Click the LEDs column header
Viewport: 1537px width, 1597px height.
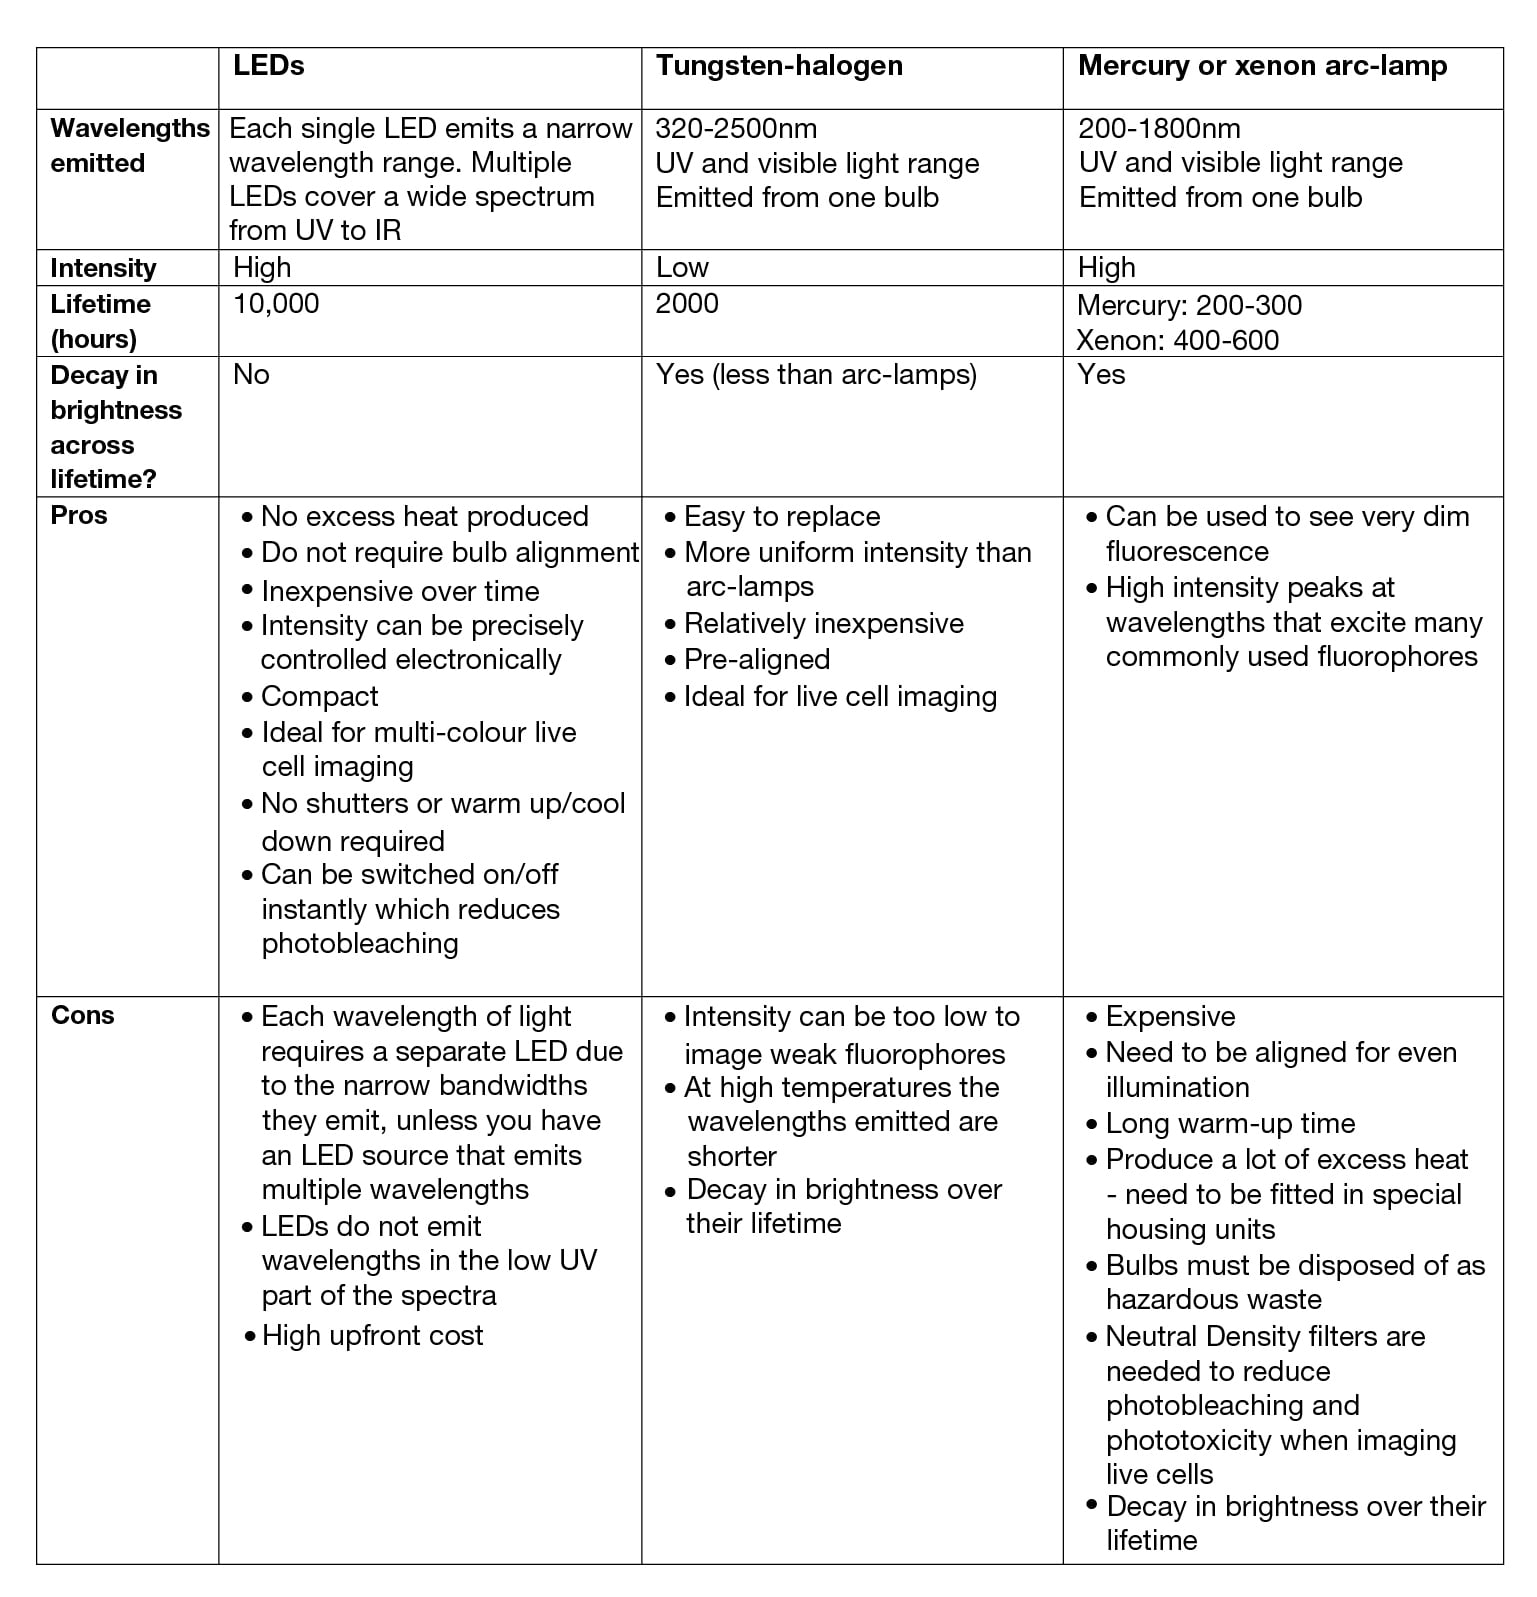268,66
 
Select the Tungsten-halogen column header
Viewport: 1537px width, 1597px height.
779,66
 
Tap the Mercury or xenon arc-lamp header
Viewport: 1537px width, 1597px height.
1262,66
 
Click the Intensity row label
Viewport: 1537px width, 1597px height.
103,268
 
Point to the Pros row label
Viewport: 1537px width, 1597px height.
79,516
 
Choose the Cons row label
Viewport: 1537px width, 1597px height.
83,1016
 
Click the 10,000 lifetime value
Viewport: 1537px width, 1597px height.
276,304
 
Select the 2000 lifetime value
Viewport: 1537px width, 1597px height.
687,304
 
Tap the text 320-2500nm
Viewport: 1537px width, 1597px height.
736,129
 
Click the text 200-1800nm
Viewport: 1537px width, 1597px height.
1159,129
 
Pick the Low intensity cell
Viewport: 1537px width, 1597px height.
682,268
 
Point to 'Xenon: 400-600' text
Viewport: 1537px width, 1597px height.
1178,340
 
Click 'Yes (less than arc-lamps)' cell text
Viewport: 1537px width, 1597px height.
816,375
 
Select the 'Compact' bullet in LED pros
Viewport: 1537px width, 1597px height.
319,696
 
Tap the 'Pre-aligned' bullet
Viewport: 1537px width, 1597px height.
756,660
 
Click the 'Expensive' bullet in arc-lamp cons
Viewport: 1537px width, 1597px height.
1170,1017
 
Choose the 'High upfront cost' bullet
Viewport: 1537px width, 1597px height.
372,1336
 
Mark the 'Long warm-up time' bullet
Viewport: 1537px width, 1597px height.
1230,1124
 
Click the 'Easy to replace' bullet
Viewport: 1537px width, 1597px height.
781,517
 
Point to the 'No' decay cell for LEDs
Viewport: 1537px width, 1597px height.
251,375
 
